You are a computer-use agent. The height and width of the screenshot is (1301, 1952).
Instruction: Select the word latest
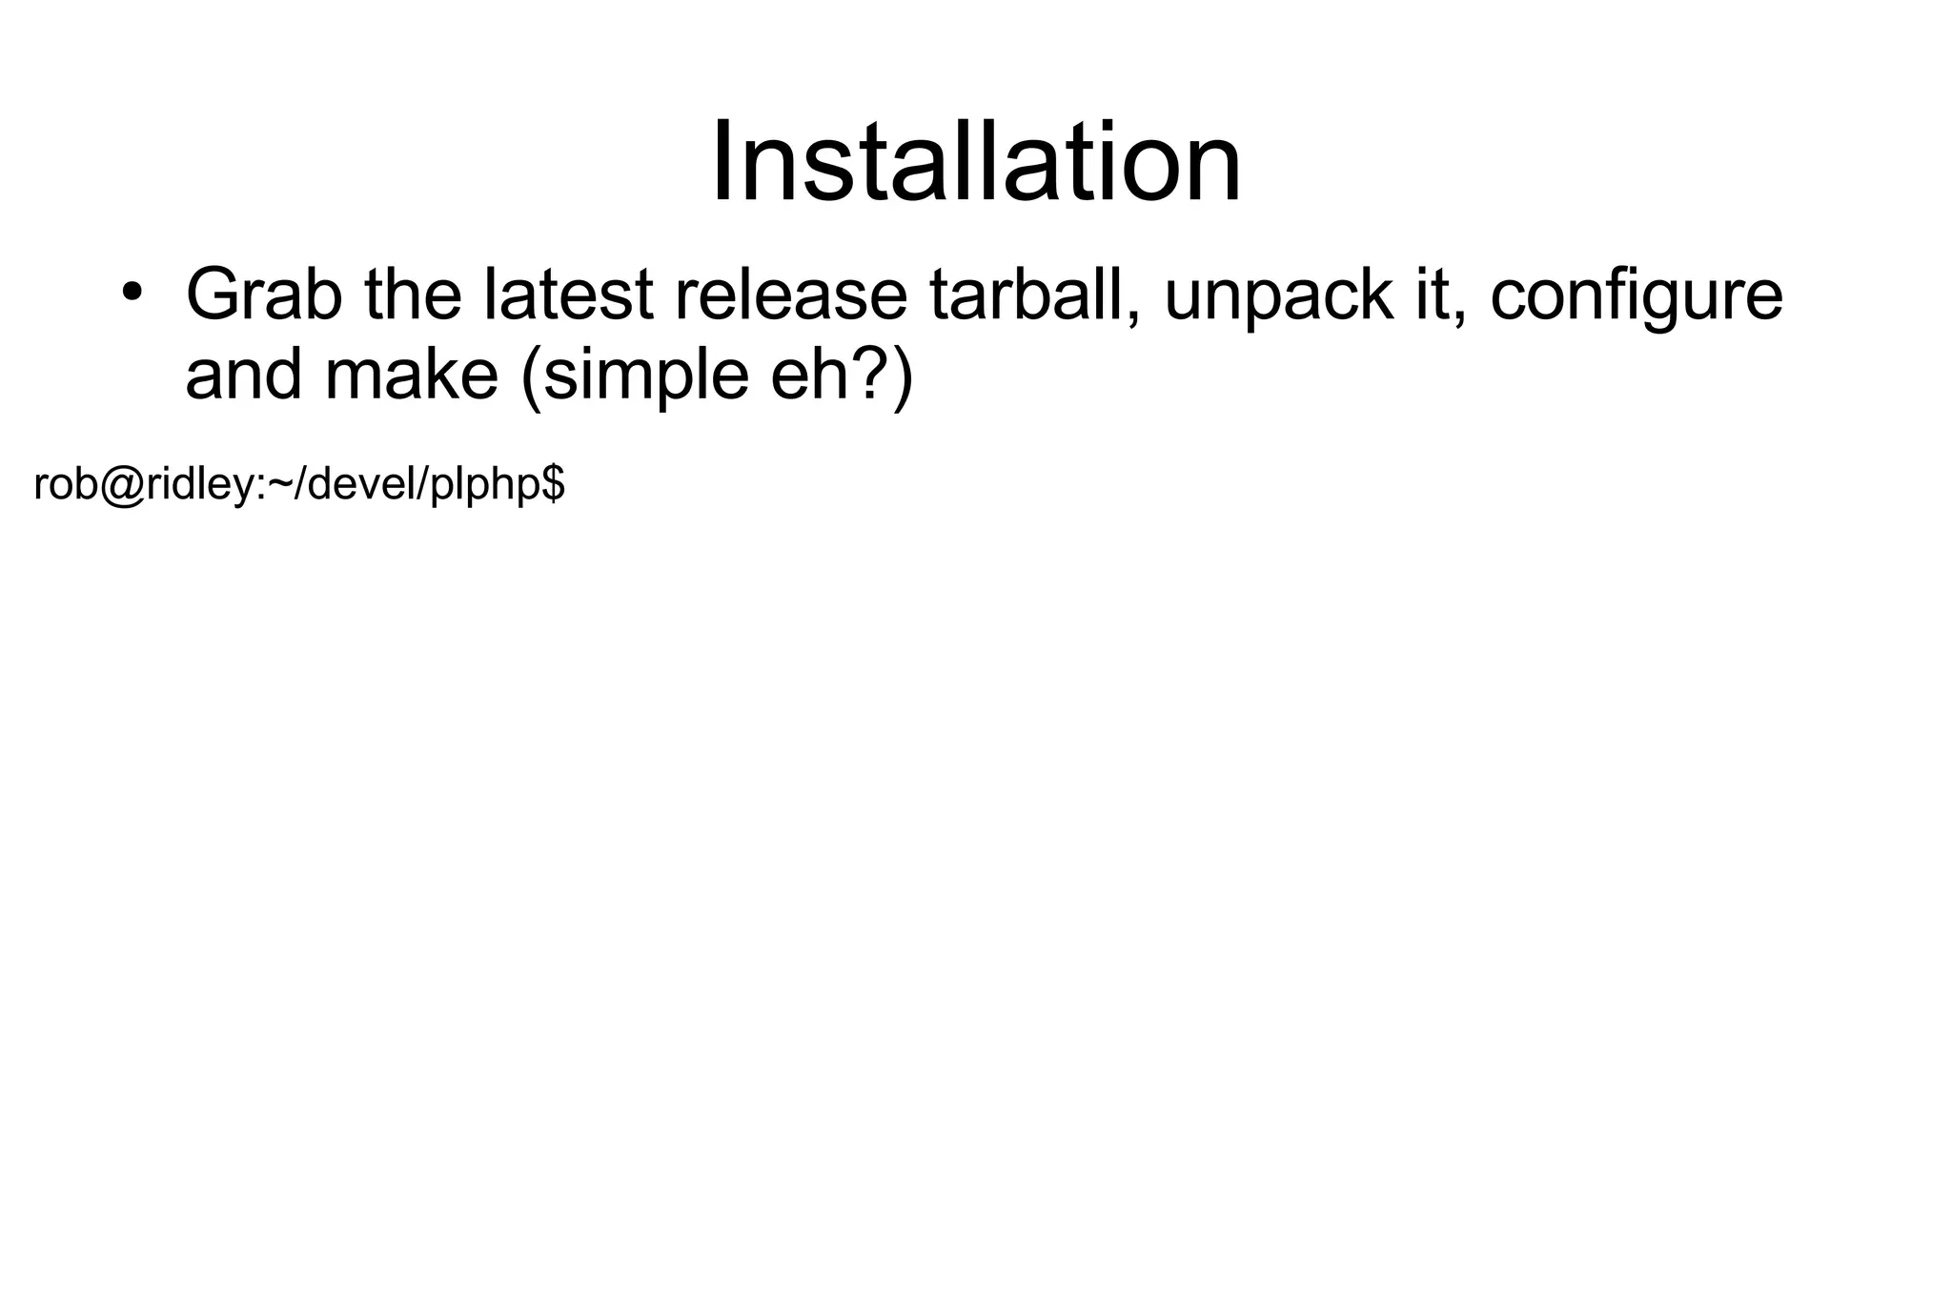pyautogui.click(x=568, y=295)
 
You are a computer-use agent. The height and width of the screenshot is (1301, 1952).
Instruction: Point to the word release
pyautogui.click(x=790, y=295)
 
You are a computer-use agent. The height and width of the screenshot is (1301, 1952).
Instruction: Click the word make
pyautogui.click(x=411, y=375)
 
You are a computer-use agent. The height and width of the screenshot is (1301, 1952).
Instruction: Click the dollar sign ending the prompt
pyautogui.click(x=554, y=484)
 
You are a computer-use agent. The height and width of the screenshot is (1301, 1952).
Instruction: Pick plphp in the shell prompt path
pyautogui.click(x=485, y=487)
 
